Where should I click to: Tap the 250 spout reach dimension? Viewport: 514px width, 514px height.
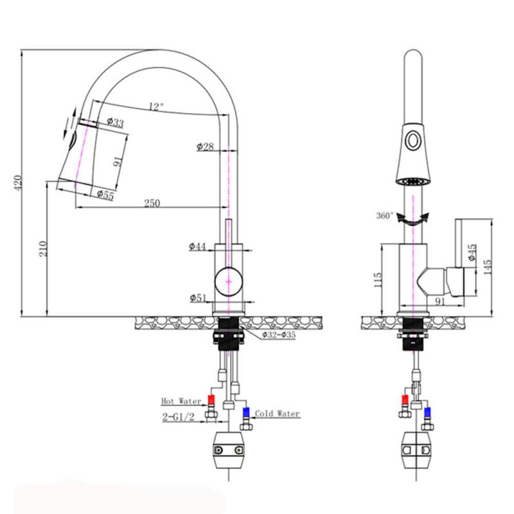tap(152, 203)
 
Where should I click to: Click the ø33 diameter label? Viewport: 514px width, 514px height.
tap(115, 122)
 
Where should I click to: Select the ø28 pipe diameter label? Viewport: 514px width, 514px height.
tap(205, 146)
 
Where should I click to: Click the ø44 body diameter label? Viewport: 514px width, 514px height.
tap(197, 246)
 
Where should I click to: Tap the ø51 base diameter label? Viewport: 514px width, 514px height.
tap(198, 297)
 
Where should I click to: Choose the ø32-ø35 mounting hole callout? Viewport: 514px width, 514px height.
tap(278, 335)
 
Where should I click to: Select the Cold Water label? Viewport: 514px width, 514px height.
tap(278, 414)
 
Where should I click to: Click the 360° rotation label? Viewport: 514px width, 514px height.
tap(385, 216)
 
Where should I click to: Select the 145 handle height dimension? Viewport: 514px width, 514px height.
tap(488, 263)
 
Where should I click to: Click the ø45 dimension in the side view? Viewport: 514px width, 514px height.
tap(472, 253)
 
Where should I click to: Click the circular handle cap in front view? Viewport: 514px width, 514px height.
tap(229, 281)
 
